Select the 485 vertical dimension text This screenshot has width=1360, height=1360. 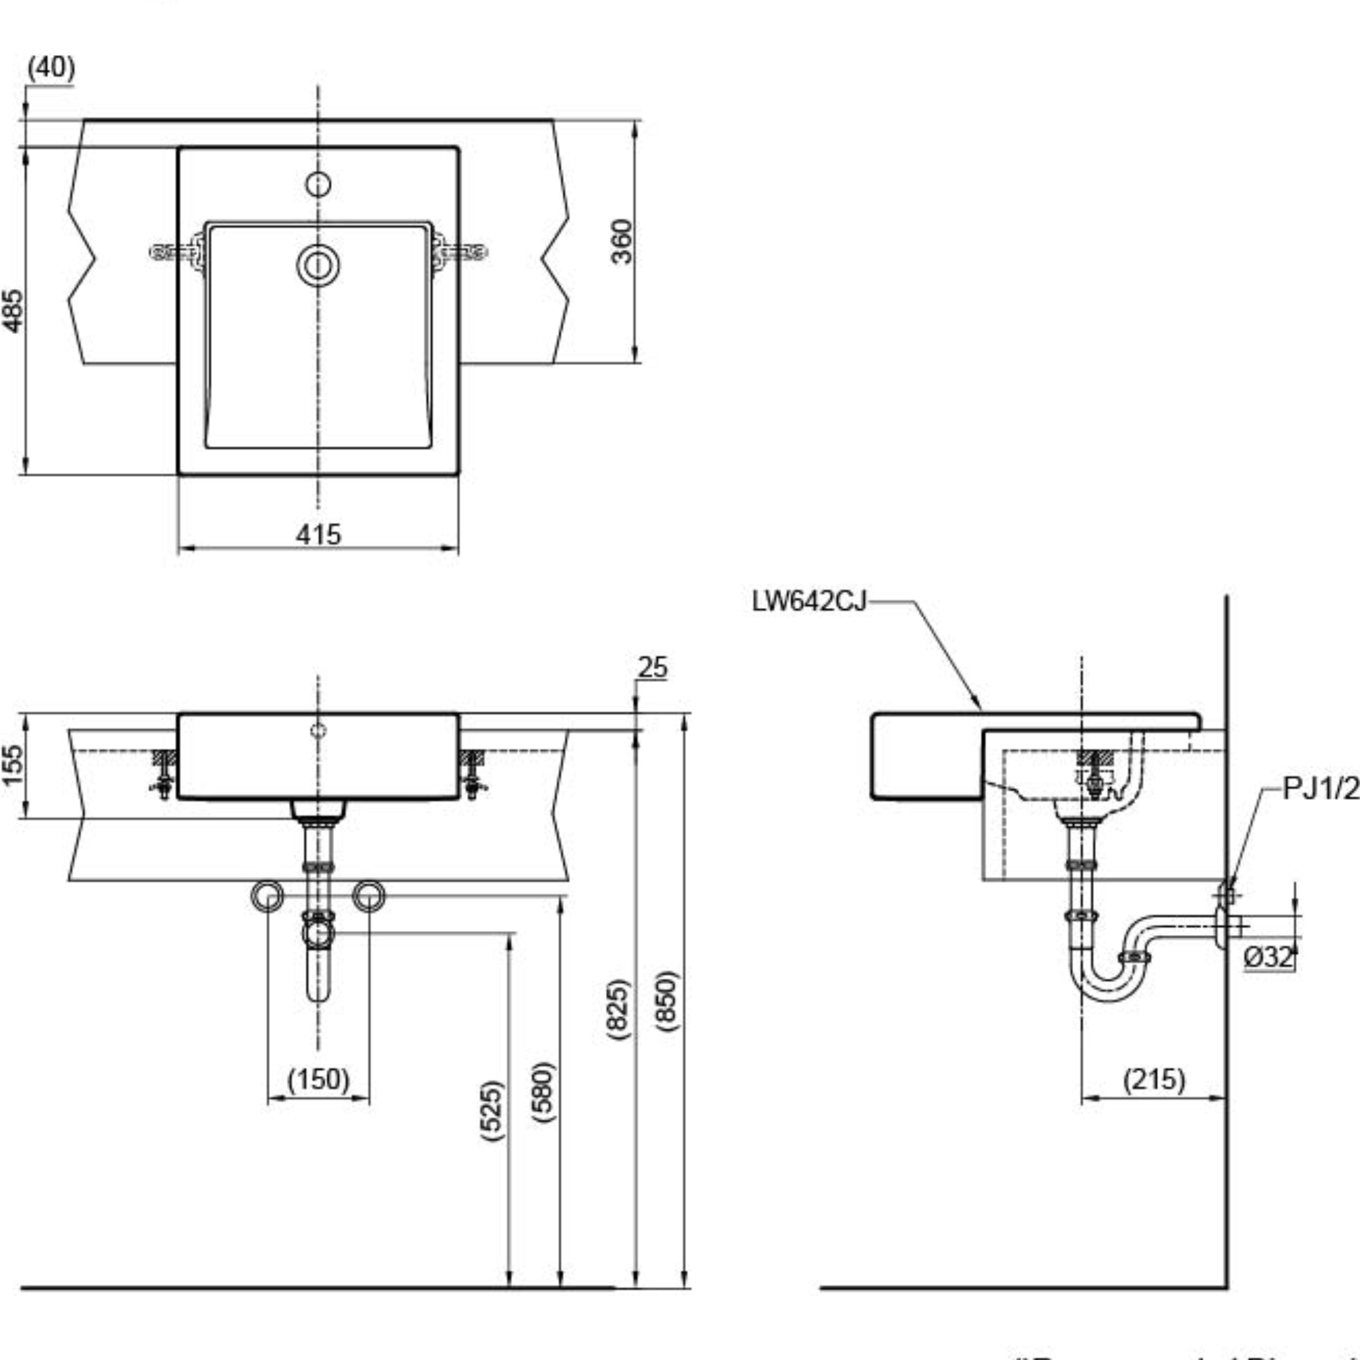pyautogui.click(x=14, y=311)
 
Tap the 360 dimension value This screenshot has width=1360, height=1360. pyautogui.click(x=622, y=241)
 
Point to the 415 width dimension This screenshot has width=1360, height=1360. pyautogui.click(x=318, y=535)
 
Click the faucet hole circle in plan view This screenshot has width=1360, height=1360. pyautogui.click(x=318, y=184)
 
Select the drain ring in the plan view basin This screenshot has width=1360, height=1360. pyautogui.click(x=318, y=266)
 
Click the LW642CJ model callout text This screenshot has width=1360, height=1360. pyautogui.click(x=809, y=602)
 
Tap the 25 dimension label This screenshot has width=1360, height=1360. pyautogui.click(x=652, y=667)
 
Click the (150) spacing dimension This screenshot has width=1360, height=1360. pyautogui.click(x=318, y=1079)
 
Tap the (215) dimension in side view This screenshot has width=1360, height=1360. pyautogui.click(x=1155, y=1079)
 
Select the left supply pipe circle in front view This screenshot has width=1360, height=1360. pyautogui.click(x=267, y=896)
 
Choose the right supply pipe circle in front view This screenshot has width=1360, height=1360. pyautogui.click(x=369, y=896)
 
